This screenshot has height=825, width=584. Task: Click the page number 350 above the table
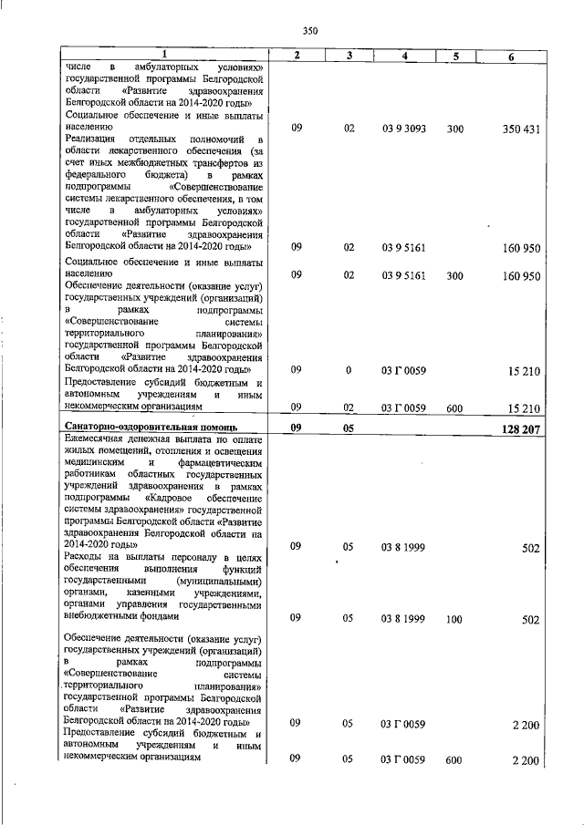(x=309, y=31)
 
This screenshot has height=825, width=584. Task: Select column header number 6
(x=512, y=57)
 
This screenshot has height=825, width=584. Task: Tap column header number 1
(x=165, y=57)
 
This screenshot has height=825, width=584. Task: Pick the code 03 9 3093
(x=404, y=129)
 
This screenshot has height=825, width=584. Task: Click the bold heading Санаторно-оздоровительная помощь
(x=152, y=427)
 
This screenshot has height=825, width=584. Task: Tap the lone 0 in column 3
(x=349, y=370)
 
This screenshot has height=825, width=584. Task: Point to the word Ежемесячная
(x=100, y=439)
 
